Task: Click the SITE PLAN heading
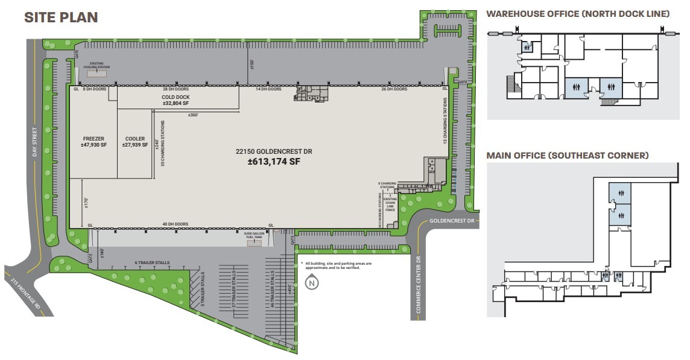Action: [x=60, y=17]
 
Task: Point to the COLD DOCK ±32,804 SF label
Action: [x=176, y=100]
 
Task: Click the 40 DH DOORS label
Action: [x=176, y=224]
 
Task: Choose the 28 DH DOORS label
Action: [x=176, y=89]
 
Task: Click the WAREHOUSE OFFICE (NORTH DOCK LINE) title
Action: [x=578, y=14]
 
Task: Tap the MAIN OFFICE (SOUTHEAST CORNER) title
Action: [x=568, y=156]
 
